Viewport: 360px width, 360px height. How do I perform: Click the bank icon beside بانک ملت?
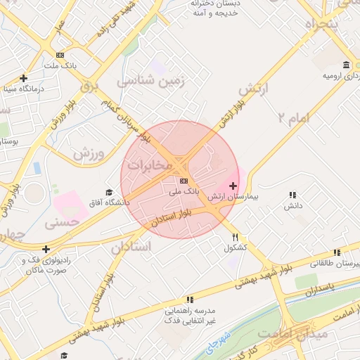click(60, 55)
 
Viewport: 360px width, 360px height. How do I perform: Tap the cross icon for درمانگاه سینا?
click(24, 78)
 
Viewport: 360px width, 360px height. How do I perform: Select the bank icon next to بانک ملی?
click(184, 181)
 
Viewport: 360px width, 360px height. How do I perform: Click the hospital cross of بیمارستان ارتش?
click(233, 186)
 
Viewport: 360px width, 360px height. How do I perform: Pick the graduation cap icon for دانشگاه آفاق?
click(109, 192)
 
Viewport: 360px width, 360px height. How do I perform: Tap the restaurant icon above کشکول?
click(236, 237)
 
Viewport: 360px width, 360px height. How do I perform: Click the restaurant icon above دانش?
click(292, 195)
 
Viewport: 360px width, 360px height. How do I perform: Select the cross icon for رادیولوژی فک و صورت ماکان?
click(46, 249)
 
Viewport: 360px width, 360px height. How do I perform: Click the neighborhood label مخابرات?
click(149, 165)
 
